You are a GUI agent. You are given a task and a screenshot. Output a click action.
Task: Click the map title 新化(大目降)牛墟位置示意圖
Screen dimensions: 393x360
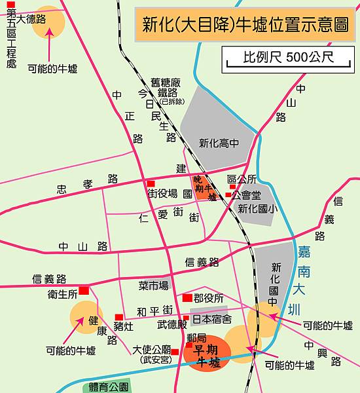pyautogui.click(x=247, y=27)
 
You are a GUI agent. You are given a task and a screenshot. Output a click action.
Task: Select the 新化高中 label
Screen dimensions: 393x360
pyautogui.click(x=219, y=143)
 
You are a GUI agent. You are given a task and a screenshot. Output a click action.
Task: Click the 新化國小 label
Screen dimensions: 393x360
pyautogui.click(x=255, y=209)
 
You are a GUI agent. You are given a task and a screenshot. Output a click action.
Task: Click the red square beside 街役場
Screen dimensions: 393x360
pyautogui.click(x=151, y=183)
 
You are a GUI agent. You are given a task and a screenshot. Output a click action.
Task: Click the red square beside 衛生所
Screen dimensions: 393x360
pyautogui.click(x=83, y=291)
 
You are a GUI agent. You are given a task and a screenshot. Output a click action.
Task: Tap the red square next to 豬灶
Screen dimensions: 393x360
pyautogui.click(x=118, y=317)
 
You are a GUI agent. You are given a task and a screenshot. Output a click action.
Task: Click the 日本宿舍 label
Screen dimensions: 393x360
pyautogui.click(x=211, y=320)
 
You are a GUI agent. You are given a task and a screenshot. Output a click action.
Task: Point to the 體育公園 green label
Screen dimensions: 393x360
pyautogui.click(x=106, y=386)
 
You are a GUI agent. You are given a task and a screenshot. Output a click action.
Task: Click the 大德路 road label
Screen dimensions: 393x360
pyautogui.click(x=31, y=20)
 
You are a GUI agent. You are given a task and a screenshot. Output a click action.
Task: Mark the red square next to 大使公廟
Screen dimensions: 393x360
pyautogui.click(x=175, y=352)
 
